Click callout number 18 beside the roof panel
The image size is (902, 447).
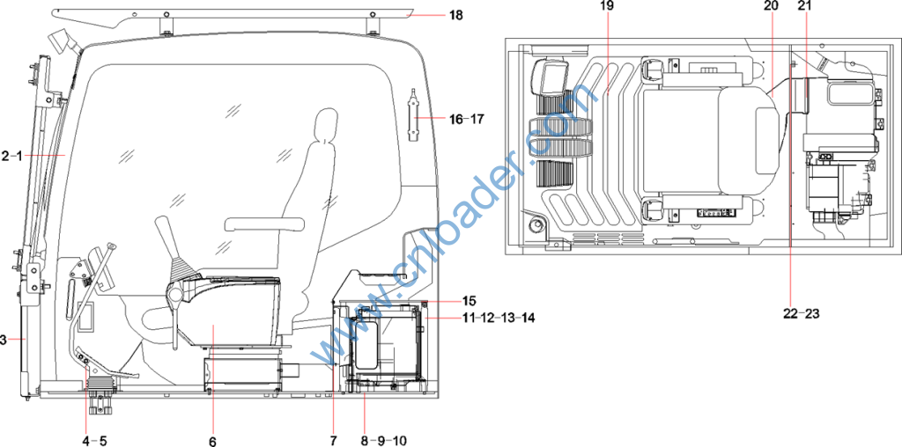455,14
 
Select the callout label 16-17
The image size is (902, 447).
467,120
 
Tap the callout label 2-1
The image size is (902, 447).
11,156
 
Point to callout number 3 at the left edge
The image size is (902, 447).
3,341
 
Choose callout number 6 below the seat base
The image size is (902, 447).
213,441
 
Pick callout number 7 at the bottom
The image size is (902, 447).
333,441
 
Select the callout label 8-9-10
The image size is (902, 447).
384,441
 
